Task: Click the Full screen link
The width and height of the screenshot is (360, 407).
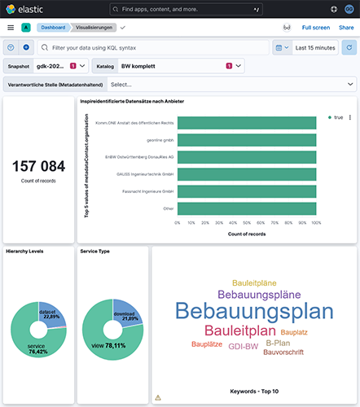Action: tap(315, 27)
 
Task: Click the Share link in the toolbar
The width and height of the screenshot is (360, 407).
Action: tap(346, 27)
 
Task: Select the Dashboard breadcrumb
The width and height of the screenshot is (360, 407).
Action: tap(56, 27)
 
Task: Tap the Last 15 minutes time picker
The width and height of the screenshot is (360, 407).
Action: tap(314, 48)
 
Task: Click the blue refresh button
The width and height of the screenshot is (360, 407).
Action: tap(349, 48)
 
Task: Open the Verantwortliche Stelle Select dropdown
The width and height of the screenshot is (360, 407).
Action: tap(232, 84)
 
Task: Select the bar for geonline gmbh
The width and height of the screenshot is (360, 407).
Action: tap(247, 140)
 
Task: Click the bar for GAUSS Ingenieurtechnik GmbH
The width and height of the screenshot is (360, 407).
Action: tap(247, 174)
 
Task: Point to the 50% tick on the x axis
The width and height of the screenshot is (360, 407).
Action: tap(247, 222)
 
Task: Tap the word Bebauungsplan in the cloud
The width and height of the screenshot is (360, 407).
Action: tap(254, 312)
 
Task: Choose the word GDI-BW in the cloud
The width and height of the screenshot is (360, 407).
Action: tap(244, 346)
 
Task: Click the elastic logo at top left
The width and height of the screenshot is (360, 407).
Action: tap(25, 8)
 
